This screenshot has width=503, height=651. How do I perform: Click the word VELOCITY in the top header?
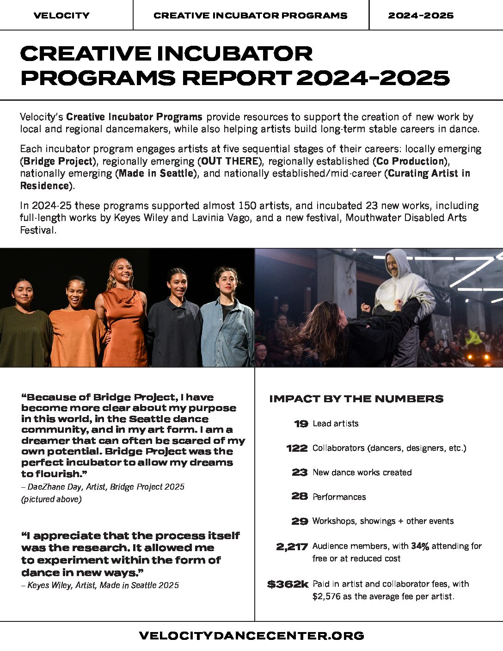[x=61, y=15]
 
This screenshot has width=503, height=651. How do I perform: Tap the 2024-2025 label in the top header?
[x=421, y=15]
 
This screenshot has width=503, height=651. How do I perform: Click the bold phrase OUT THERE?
[x=230, y=161]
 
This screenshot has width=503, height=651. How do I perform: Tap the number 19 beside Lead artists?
[x=301, y=424]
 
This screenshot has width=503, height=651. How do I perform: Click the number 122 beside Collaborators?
[x=297, y=448]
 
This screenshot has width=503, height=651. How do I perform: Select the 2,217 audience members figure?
[x=292, y=547]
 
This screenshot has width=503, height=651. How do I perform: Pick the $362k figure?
[x=288, y=584]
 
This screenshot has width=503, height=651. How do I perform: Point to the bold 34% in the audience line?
[x=420, y=546]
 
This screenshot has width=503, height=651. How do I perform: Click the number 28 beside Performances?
[x=300, y=497]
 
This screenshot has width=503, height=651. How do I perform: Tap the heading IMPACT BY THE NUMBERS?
[x=356, y=399]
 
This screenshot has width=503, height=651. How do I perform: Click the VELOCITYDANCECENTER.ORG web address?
[x=251, y=636]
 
